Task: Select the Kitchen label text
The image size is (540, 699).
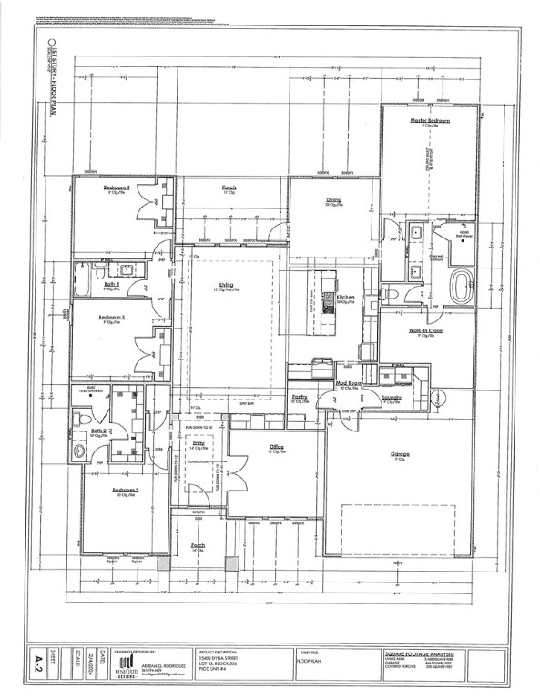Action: pos(345,297)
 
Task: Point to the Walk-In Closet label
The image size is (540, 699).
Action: pos(424,331)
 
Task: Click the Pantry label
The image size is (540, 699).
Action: pos(300,397)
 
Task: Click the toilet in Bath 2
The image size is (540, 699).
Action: pos(80,416)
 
